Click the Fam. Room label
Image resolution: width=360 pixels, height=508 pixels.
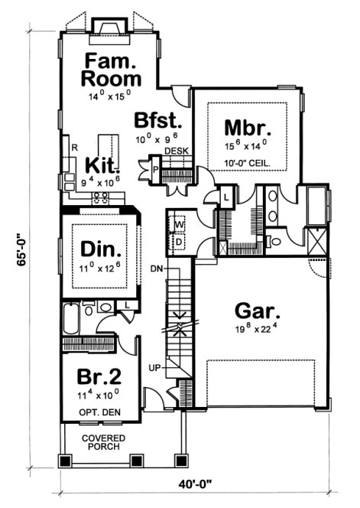pos(112,70)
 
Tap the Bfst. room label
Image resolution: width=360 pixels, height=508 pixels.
pos(158,122)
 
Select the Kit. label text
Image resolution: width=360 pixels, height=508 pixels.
pos(100,165)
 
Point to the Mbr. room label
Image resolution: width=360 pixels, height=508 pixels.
pos(244,126)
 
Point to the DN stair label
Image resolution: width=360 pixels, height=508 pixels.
pos(156,269)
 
